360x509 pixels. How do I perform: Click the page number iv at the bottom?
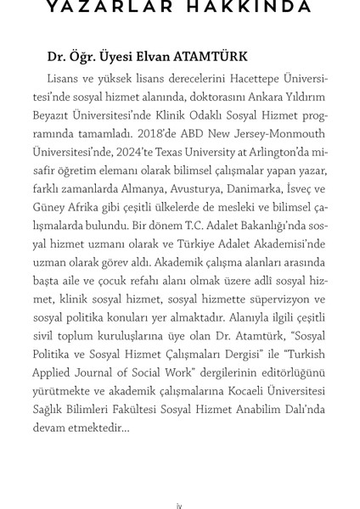pos(179,506)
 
